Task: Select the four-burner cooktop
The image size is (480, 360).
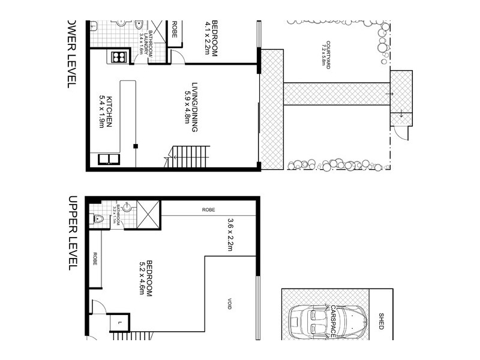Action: click(x=118, y=58)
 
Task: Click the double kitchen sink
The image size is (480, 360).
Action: click(x=109, y=159)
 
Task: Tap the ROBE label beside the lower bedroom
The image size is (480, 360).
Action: click(x=175, y=29)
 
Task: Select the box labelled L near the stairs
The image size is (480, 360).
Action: click(x=119, y=323)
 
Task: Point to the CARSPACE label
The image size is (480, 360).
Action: click(x=334, y=321)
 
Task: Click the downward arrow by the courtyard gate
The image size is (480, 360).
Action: click(x=401, y=114)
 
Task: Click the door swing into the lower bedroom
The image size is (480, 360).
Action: click(x=178, y=56)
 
